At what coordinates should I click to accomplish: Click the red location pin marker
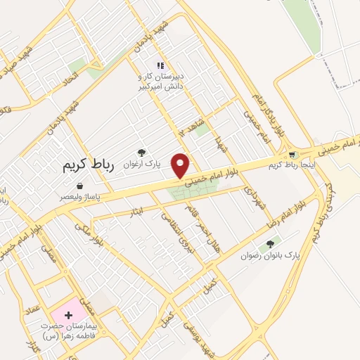click(x=182, y=165)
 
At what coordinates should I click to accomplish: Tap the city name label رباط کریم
click(x=83, y=165)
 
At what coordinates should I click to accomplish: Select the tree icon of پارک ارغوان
click(x=141, y=152)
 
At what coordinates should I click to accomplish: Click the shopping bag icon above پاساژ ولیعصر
click(x=79, y=186)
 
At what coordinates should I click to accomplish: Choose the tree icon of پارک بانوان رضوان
click(x=269, y=245)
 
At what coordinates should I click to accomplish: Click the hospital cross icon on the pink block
click(x=68, y=315)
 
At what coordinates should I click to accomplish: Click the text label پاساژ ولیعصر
click(x=79, y=198)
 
